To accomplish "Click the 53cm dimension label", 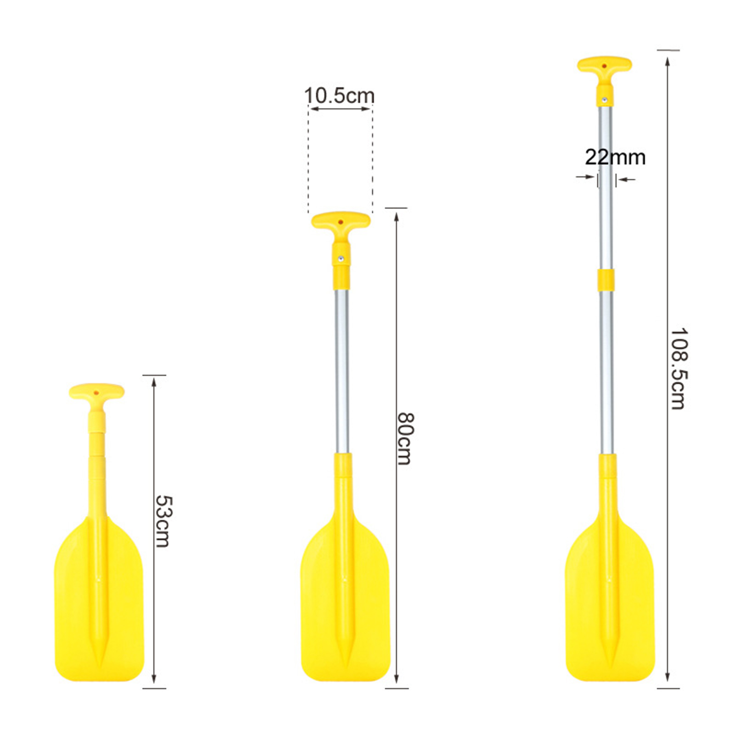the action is click(x=163, y=521).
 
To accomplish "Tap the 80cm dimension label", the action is click(x=406, y=438).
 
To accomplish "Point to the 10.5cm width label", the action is click(x=339, y=95).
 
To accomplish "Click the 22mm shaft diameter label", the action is click(x=615, y=157).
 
